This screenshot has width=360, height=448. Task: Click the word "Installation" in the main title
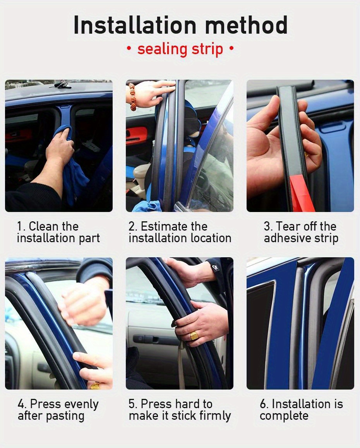[x=135, y=25]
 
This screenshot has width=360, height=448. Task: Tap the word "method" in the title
[x=246, y=25]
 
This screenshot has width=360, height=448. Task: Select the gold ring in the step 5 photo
[x=194, y=335]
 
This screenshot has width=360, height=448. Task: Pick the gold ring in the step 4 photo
[x=95, y=386]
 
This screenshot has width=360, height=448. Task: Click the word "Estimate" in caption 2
[x=164, y=226]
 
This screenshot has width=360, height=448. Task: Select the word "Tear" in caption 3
[x=288, y=226]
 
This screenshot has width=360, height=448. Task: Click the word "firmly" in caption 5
[x=215, y=416]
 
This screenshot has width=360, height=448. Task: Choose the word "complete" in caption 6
[x=284, y=416]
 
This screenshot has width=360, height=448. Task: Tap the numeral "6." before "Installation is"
[x=264, y=404]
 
